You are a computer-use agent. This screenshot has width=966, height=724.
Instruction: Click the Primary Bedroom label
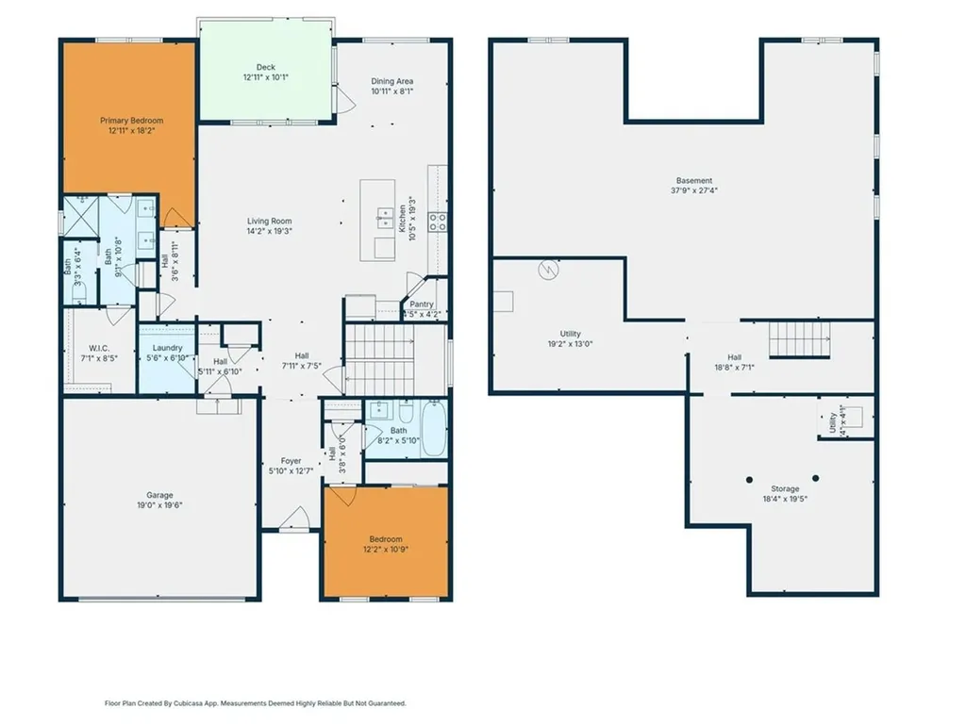click(132, 121)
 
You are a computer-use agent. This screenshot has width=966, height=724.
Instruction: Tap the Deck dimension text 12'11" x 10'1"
click(265, 78)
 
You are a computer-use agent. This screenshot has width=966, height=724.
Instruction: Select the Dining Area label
click(391, 81)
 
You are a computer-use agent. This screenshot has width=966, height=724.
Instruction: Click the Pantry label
click(421, 304)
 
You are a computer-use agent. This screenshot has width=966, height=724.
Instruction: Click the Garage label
click(159, 495)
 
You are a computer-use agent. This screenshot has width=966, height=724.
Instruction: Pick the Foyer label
click(291, 461)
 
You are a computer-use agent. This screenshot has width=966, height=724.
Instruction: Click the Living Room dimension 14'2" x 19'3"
click(270, 231)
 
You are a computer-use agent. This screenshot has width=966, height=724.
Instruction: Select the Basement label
click(693, 180)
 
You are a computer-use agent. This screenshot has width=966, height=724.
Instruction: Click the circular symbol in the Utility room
click(547, 271)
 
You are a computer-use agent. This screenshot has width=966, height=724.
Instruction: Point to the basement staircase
click(798, 337)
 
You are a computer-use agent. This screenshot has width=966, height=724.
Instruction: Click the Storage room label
click(785, 488)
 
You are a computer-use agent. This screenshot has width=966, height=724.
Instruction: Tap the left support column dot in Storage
click(749, 479)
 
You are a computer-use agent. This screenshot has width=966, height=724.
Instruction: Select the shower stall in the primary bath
click(82, 217)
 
